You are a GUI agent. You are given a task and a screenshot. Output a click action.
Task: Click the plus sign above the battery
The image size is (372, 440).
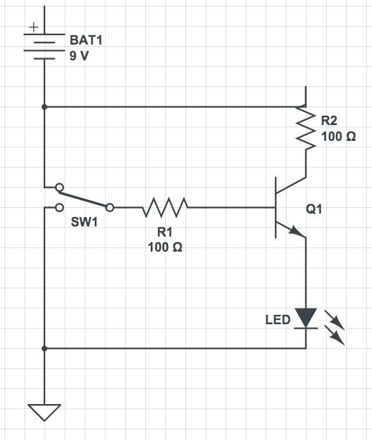tap(32, 29)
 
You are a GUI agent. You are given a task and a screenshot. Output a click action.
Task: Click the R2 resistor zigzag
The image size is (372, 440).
tap(307, 129)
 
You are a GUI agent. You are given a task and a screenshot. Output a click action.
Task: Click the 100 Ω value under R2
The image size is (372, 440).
tap(338, 136)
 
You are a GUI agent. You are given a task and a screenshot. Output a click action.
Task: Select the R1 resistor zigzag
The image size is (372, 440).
tap(165, 208)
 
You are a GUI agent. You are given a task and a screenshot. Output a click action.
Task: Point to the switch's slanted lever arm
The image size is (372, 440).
tap(83, 199)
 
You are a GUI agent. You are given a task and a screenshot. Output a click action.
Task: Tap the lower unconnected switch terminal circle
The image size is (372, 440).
tap(57, 208)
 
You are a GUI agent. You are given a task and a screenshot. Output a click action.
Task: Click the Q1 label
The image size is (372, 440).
tap(315, 210)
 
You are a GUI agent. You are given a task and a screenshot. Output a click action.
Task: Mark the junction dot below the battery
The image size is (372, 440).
tap(45, 107)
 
